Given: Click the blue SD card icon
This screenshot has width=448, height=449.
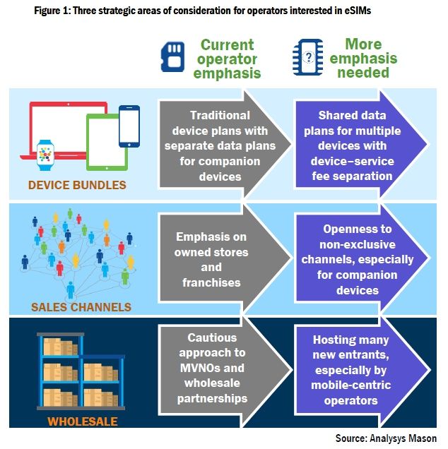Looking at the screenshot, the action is pyautogui.click(x=172, y=57).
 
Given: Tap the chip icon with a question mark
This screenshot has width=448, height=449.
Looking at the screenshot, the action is pyautogui.click(x=308, y=57).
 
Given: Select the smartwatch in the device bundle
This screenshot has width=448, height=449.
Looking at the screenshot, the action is pyautogui.click(x=45, y=155).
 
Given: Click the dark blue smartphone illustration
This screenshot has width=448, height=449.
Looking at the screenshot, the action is pyautogui.click(x=129, y=126).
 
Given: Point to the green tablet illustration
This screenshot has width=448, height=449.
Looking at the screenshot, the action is pyautogui.click(x=107, y=143).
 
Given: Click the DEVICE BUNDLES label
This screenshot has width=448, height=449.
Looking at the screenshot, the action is pyautogui.click(x=77, y=185).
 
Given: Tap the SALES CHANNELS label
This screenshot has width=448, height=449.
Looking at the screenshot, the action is pyautogui.click(x=81, y=307).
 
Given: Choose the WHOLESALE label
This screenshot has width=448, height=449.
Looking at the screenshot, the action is pyautogui.click(x=83, y=421).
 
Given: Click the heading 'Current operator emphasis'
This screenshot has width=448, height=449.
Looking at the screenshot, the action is pyautogui.click(x=227, y=59).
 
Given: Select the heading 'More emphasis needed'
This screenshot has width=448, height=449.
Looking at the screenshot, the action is pyautogui.click(x=363, y=58).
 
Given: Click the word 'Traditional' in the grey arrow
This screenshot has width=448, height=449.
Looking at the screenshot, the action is pyautogui.click(x=220, y=115).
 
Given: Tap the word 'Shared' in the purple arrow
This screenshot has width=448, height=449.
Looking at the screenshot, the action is pyautogui.click(x=335, y=115).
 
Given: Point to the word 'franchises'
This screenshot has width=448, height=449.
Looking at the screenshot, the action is pyautogui.click(x=211, y=282).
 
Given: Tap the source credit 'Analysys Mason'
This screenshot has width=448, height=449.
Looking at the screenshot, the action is pyautogui.click(x=403, y=438).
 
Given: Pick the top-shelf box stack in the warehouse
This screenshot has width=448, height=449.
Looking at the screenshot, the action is pyautogui.click(x=61, y=347).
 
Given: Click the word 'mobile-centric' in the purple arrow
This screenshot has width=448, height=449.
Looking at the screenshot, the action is pyautogui.click(x=350, y=385).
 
